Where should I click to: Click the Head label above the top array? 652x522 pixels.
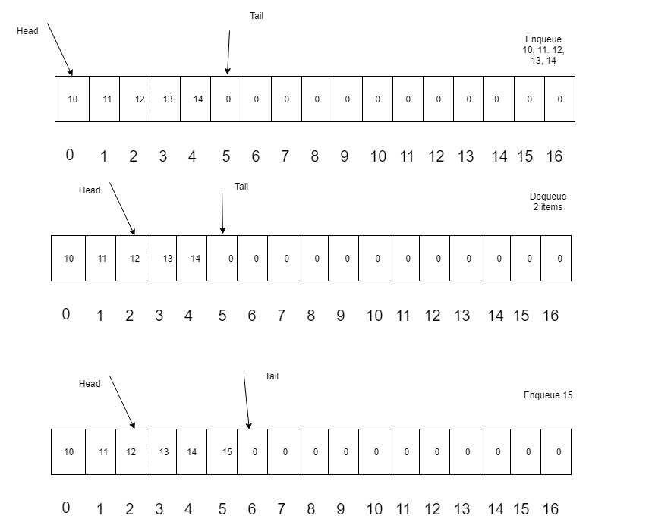(x=27, y=31)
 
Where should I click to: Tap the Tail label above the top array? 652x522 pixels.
(x=257, y=16)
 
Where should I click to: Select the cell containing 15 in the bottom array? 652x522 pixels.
(x=222, y=451)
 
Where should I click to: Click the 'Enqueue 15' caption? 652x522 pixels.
(x=548, y=395)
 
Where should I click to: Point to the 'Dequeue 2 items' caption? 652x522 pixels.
(x=548, y=202)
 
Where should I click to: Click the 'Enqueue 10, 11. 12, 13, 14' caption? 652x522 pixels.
(x=543, y=50)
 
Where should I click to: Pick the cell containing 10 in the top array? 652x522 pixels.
(x=72, y=99)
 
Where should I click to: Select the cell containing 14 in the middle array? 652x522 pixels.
(x=192, y=259)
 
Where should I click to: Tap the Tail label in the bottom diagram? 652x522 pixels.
(x=272, y=376)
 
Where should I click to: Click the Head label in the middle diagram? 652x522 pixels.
(x=90, y=190)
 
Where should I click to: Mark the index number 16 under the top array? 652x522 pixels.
(x=554, y=156)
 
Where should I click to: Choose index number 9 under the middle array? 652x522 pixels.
(x=341, y=316)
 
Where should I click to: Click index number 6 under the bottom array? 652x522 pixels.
(x=252, y=508)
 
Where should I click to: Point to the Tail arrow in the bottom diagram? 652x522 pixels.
(x=247, y=402)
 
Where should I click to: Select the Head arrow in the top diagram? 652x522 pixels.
(x=60, y=49)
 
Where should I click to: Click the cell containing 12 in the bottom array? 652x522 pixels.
(x=131, y=451)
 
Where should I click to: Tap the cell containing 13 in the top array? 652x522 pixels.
(x=165, y=99)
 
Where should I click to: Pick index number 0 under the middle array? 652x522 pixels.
(x=66, y=314)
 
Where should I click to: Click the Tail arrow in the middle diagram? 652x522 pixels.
(x=222, y=212)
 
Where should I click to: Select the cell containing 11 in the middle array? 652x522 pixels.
(x=101, y=259)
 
